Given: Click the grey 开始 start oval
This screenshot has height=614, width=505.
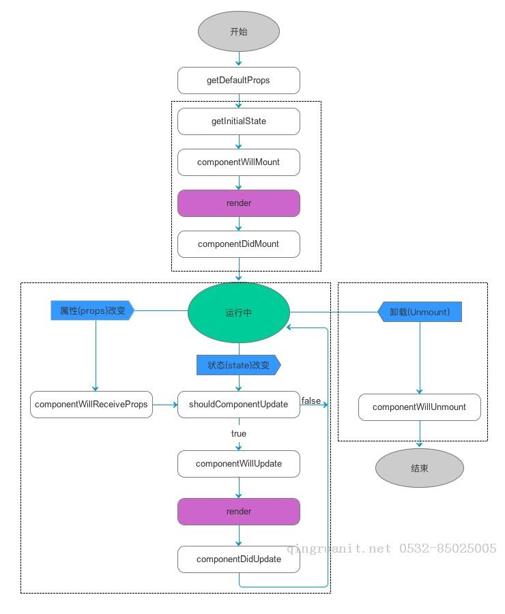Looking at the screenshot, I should tap(239, 31).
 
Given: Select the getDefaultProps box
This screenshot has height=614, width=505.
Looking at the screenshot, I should tap(239, 81).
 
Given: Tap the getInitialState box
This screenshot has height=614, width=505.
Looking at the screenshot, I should tap(239, 121).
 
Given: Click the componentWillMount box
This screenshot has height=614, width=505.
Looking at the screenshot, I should tap(239, 162).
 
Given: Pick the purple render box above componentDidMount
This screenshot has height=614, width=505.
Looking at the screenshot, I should tap(239, 203).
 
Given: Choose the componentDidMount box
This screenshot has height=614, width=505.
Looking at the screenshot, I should tap(239, 244).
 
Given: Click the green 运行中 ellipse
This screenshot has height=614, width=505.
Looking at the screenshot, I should tap(239, 312).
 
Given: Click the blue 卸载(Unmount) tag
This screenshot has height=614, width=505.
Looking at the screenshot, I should tap(420, 312).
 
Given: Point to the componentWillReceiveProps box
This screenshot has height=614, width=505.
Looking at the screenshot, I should tap(91, 405).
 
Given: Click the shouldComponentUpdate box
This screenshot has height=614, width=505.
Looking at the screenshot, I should tap(239, 405).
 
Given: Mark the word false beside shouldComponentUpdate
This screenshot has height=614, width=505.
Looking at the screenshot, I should tap(311, 400).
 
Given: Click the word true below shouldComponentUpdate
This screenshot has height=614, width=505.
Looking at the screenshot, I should tap(239, 434).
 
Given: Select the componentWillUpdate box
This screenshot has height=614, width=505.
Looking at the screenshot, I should tap(239, 464).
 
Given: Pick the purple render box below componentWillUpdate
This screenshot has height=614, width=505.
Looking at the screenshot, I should tap(239, 512).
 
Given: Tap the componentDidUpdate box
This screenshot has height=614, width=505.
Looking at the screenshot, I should tap(239, 559).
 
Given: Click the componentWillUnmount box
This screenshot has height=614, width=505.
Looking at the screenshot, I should tap(420, 407).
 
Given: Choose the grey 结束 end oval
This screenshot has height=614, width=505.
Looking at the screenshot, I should tap(420, 468).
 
